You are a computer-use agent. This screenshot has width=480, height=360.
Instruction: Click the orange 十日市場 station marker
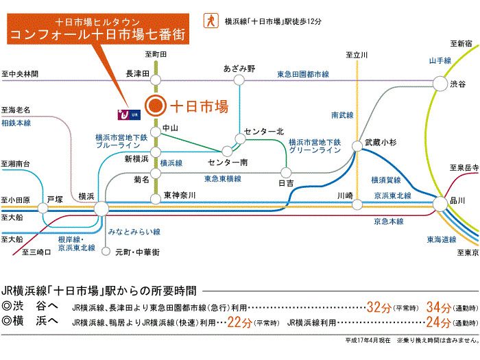pos(156,106)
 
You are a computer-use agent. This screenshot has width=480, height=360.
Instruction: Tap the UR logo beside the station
pos(129,115)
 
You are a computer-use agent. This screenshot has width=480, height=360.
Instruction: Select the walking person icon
pos(211,21)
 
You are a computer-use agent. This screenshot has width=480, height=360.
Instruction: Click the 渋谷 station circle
pos(440,83)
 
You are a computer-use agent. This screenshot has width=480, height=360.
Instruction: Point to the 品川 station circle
pos(440,204)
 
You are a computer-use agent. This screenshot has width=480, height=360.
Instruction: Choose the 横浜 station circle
pos(101,208)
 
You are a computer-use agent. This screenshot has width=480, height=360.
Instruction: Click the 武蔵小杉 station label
pos(381,143)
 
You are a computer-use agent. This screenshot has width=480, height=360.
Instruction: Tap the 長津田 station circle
pos(156,80)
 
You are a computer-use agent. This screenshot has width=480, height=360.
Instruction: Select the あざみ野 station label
pos(239,69)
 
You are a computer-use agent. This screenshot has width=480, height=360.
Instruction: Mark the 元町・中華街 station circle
pos(106,252)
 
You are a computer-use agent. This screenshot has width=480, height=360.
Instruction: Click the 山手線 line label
pos(440,60)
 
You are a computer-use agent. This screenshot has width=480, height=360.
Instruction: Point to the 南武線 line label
pos(342,115)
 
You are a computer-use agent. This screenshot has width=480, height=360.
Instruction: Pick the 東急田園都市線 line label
pos(303,74)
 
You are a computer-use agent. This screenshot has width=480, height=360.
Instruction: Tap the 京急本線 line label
pos(389,221)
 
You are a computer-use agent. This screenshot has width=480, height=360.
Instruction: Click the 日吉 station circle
pos(286,173)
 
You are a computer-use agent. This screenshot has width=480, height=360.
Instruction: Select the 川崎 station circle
pos(357,204)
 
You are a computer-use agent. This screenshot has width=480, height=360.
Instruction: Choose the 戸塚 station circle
pos(43,208)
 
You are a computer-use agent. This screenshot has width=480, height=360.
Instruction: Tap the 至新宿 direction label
pos(461,44)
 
